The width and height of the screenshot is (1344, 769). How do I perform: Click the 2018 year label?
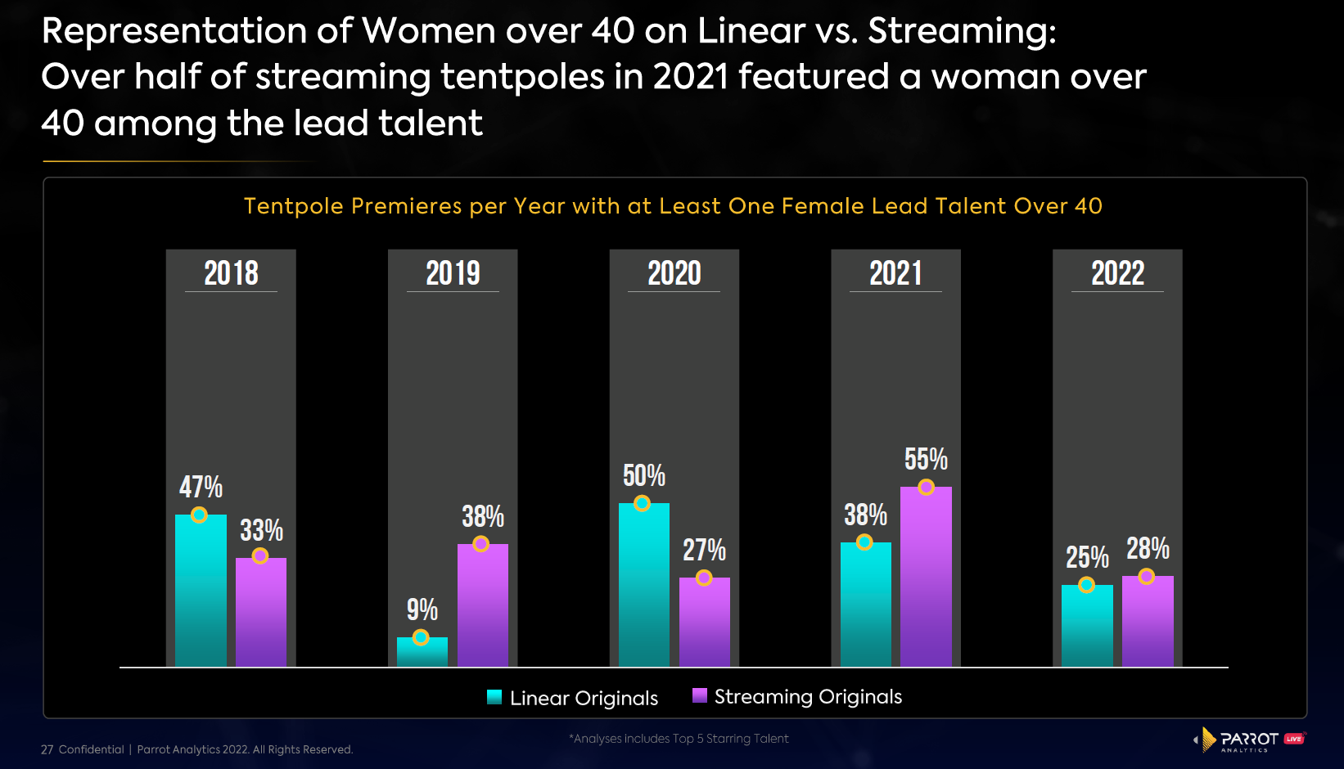pyautogui.click(x=231, y=273)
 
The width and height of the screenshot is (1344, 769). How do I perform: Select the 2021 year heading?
pyautogui.click(x=895, y=273)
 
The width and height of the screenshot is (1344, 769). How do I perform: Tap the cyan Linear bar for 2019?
pyautogui.click(x=422, y=652)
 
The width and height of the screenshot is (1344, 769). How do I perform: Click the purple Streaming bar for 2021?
pyautogui.click(x=926, y=581)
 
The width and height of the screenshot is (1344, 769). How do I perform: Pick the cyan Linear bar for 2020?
pyautogui.click(x=643, y=589)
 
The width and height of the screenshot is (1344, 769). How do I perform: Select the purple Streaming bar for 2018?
pyautogui.click(x=261, y=614)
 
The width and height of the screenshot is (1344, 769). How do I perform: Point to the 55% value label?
pyautogui.click(x=926, y=459)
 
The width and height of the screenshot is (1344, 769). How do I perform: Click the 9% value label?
pyautogui.click(x=422, y=609)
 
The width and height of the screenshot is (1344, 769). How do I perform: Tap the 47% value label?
pyautogui.click(x=201, y=487)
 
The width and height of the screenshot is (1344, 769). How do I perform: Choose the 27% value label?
pyautogui.click(x=704, y=550)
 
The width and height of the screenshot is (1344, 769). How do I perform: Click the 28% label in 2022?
pyautogui.click(x=1148, y=548)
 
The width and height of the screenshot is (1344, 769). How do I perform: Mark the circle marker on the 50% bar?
pyautogui.click(x=643, y=503)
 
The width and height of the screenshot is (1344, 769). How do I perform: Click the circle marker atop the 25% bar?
pyautogui.click(x=1086, y=585)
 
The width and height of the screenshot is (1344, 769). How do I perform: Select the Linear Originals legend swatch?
pyautogui.click(x=494, y=697)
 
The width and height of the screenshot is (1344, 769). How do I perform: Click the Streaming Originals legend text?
pyautogui.click(x=808, y=697)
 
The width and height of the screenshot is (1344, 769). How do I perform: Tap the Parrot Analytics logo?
pyautogui.click(x=1248, y=740)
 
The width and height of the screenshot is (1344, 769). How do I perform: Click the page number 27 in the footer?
pyautogui.click(x=47, y=749)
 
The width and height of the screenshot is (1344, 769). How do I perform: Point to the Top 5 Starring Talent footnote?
pyautogui.click(x=679, y=739)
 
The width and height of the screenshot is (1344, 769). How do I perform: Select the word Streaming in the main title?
pyautogui.click(x=961, y=31)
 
